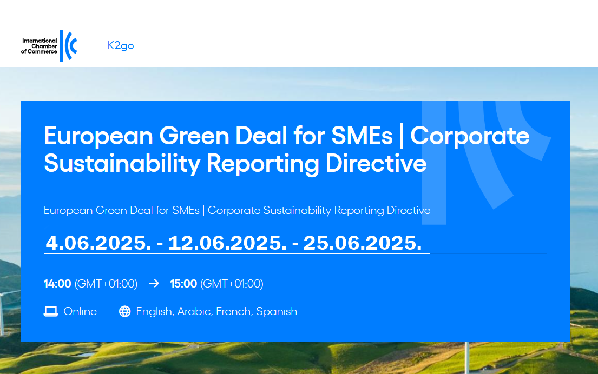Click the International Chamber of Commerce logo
coord(49,46)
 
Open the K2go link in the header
coord(121,46)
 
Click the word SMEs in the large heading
coord(362,136)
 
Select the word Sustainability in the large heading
coord(122,164)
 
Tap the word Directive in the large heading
coord(376,163)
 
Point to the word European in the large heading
coord(98,136)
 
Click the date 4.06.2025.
coord(98,243)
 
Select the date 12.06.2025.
coord(227,243)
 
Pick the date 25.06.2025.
coord(363,243)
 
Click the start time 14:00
coord(57,284)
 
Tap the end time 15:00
coord(183,284)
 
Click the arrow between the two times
coord(154,283)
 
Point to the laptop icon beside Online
coord(51,311)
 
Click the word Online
coord(80,311)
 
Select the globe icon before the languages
coord(124,311)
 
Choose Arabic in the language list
coord(195,311)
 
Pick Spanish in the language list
coord(277,312)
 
